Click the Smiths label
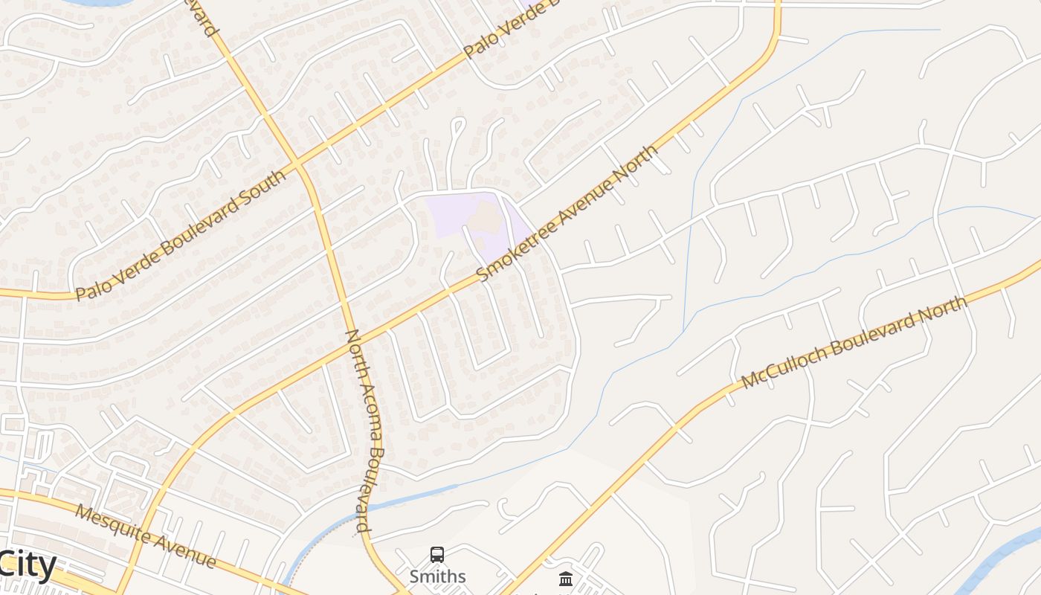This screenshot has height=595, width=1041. pyautogui.click(x=437, y=576)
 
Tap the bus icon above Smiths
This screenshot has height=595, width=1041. pyautogui.click(x=437, y=555)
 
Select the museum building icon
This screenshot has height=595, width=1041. pyautogui.click(x=566, y=578)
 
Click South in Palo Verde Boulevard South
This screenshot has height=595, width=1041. pyautogui.click(x=261, y=193)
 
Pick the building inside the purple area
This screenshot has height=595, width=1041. pyautogui.click(x=487, y=216)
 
